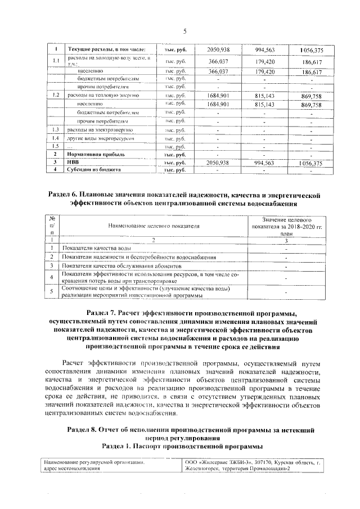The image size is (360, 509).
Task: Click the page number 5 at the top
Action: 184,31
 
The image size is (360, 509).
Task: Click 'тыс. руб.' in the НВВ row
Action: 175,162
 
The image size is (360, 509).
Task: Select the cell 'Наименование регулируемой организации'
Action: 94,462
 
